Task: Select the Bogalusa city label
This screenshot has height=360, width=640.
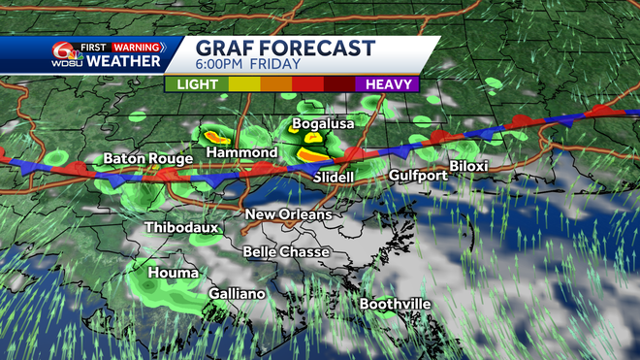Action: point(325,124)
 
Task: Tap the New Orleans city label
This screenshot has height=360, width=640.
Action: point(288,214)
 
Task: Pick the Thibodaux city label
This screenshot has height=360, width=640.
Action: point(182,228)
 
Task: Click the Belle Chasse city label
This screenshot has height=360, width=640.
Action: point(286,252)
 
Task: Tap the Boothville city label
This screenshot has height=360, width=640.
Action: point(395,304)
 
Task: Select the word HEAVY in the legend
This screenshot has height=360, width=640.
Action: point(392,84)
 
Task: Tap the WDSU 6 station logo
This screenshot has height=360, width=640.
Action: point(66,55)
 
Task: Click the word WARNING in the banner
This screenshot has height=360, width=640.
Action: point(136,47)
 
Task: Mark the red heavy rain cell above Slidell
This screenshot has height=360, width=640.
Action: point(311,154)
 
